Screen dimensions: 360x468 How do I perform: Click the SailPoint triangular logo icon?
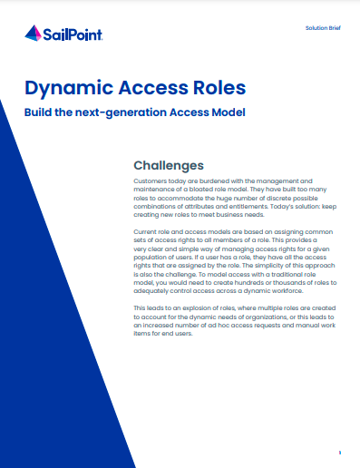point(33,34)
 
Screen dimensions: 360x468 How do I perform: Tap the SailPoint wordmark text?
point(73,34)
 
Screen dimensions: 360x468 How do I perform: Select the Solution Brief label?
point(323,28)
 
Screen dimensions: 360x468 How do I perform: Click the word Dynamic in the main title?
point(69,88)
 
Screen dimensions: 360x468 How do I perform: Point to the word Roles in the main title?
point(219,87)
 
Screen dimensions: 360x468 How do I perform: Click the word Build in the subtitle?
point(38,112)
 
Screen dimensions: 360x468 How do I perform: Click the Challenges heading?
point(169,165)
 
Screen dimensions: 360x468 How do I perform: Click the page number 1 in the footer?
point(340,453)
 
